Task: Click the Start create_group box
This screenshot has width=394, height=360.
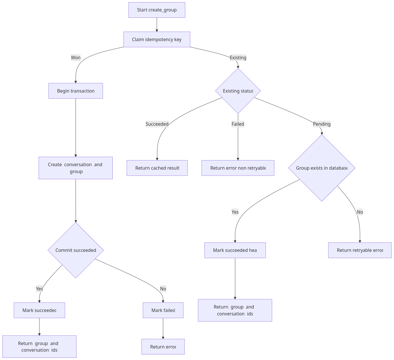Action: coord(157,10)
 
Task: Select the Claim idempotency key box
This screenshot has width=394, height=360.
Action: coord(157,39)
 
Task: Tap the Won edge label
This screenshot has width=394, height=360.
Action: coord(76,58)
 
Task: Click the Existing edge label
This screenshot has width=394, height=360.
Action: coord(238,58)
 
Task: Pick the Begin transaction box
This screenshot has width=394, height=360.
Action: coord(76,91)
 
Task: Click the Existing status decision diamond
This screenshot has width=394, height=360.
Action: coord(238,91)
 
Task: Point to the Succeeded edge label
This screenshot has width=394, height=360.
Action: coord(157,124)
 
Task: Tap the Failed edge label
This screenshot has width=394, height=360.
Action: coord(238,124)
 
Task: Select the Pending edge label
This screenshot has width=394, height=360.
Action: coord(322,124)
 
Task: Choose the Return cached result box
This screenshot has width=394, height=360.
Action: coord(157,168)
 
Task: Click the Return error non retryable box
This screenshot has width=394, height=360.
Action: coord(238,168)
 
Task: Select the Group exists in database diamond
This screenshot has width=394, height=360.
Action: coord(322,168)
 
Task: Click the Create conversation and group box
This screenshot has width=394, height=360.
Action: coord(76,168)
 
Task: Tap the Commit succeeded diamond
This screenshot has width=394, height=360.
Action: coord(76,250)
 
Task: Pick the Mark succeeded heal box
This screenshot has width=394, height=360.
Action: coord(235,250)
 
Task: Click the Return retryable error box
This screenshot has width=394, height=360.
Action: coord(360,250)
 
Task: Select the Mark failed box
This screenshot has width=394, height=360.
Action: coord(163,310)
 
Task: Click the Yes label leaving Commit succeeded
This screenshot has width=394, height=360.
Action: coord(39,289)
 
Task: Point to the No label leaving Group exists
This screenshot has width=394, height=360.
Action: coord(360,212)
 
